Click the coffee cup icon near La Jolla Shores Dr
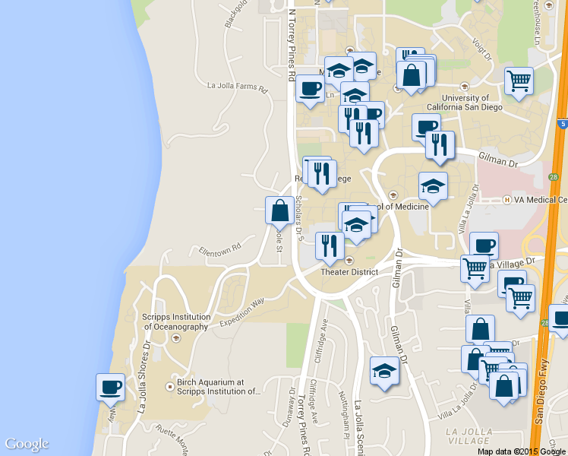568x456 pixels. coord(110,386)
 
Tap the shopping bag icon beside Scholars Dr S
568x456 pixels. coord(279,210)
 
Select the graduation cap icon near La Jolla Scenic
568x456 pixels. coord(384,371)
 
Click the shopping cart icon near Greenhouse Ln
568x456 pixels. coord(519,81)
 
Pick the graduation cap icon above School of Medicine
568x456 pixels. coord(433,185)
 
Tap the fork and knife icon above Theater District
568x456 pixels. coord(329,245)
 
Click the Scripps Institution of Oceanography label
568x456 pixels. coord(175,321)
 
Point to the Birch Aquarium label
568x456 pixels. coord(219,388)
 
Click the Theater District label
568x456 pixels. coord(349,271)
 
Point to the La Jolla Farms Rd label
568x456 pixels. coord(238,86)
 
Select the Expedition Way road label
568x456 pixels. coord(242,312)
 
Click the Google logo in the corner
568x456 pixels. coord(27,444)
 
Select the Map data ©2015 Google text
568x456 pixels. coord(521,451)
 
